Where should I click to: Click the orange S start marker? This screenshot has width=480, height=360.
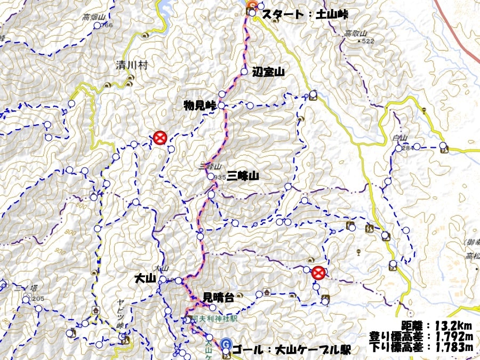[252, 5]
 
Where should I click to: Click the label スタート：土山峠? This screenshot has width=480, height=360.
[303, 14]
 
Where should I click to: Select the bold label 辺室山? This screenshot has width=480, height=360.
[268, 71]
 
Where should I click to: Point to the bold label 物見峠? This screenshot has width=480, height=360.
[199, 106]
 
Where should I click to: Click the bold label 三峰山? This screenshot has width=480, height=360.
[243, 175]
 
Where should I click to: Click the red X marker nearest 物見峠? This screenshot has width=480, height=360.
[159, 138]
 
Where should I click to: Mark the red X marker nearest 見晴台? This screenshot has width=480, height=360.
[318, 273]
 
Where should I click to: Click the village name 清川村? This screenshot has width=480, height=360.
[131, 66]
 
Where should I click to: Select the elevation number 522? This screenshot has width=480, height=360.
[367, 41]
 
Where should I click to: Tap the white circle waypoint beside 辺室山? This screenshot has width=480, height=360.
[244, 71]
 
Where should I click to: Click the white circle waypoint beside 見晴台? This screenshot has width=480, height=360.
[212, 307]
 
